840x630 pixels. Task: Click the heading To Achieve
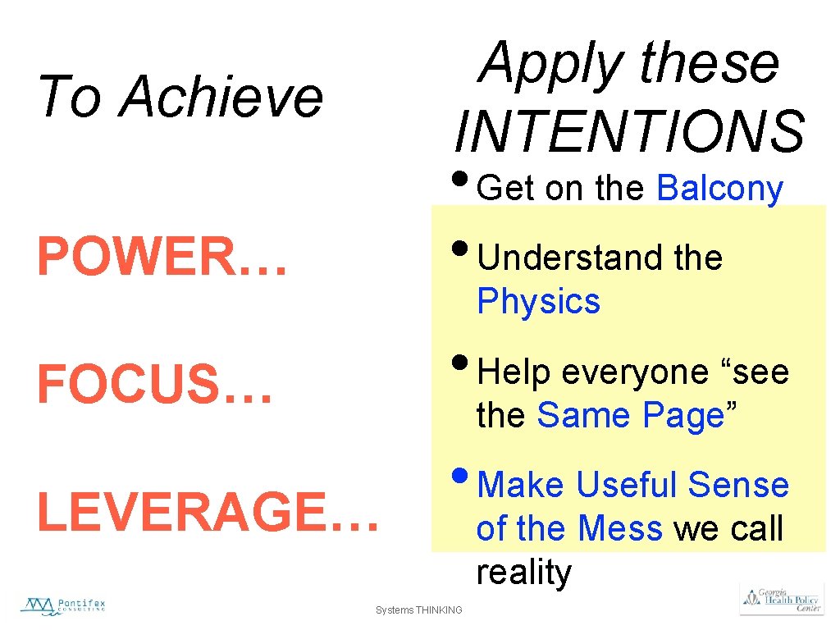pos(180,96)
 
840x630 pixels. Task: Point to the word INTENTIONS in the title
pos(629,131)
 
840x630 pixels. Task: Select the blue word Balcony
pos(719,188)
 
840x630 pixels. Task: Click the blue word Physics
pos(538,301)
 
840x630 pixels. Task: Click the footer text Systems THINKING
pos(418,609)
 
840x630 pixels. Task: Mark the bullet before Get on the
pos(463,176)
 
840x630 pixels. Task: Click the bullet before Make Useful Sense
pos(463,473)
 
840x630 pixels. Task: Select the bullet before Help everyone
pos(463,360)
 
